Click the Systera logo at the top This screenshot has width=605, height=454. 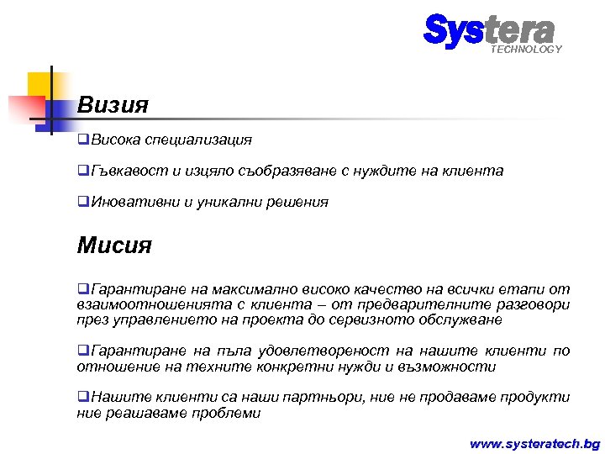pyautogui.click(x=489, y=30)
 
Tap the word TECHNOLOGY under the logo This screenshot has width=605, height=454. pyautogui.click(x=526, y=50)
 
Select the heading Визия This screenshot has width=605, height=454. pyautogui.click(x=113, y=106)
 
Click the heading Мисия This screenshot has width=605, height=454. pyautogui.click(x=114, y=245)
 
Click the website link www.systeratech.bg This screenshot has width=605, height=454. pyautogui.click(x=534, y=442)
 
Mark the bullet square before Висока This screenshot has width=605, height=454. pyautogui.click(x=82, y=139)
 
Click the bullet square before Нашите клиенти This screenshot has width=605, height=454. pyautogui.click(x=82, y=398)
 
